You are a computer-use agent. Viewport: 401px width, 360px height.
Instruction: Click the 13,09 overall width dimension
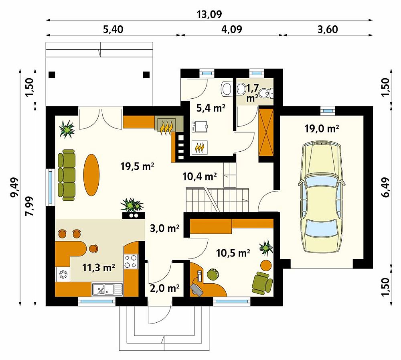point(209,14)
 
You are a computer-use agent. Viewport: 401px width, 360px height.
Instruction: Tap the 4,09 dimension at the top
point(231,29)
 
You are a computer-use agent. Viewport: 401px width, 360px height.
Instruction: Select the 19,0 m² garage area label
point(322,128)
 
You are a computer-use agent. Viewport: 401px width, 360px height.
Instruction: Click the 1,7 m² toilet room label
point(252,93)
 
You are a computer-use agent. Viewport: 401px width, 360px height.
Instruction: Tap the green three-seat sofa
point(67,175)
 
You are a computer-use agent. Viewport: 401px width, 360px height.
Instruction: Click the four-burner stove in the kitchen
point(131,261)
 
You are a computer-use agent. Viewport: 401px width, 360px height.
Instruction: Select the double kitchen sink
point(107,290)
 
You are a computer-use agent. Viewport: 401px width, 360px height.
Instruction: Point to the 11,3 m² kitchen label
point(99,268)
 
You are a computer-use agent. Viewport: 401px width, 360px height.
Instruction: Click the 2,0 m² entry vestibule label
point(164,288)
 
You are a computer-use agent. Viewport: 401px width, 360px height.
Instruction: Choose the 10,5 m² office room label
point(233,253)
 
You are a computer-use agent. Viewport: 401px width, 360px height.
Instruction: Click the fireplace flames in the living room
point(166,127)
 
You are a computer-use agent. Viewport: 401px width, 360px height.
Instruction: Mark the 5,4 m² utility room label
point(211,108)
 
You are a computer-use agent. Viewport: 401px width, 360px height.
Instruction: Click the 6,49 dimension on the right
point(386,187)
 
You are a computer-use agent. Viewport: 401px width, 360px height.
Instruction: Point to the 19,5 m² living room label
point(137,167)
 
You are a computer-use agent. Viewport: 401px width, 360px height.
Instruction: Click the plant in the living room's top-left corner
point(67,129)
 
